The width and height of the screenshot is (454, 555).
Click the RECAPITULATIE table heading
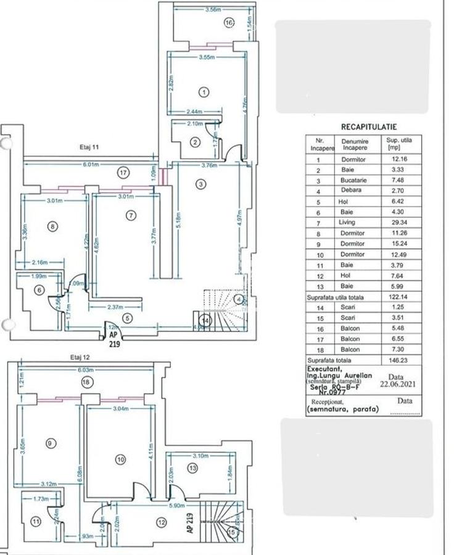(x=369, y=127)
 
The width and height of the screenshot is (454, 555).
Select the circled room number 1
(x=204, y=92)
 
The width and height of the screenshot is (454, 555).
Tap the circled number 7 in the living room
(x=130, y=215)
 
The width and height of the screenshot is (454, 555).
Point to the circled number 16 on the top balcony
(x=229, y=23)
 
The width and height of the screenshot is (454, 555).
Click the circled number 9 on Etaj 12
(x=50, y=442)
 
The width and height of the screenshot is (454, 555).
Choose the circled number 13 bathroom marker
(x=192, y=469)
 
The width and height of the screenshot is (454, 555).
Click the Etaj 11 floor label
(x=90, y=148)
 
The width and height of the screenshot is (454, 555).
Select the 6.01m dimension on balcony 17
(x=93, y=164)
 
